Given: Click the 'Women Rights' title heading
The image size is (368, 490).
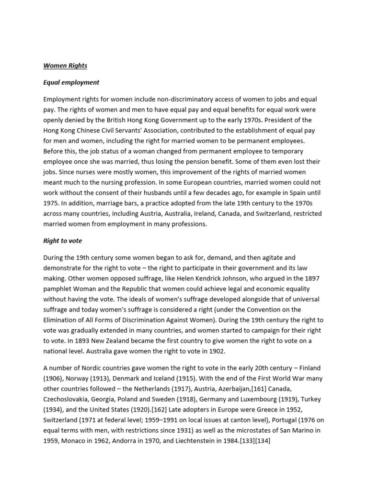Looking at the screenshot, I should (x=65, y=66).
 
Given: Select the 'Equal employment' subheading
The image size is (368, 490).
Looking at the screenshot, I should (x=71, y=82).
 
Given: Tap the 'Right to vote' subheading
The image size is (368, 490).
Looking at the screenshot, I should (x=63, y=241).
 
